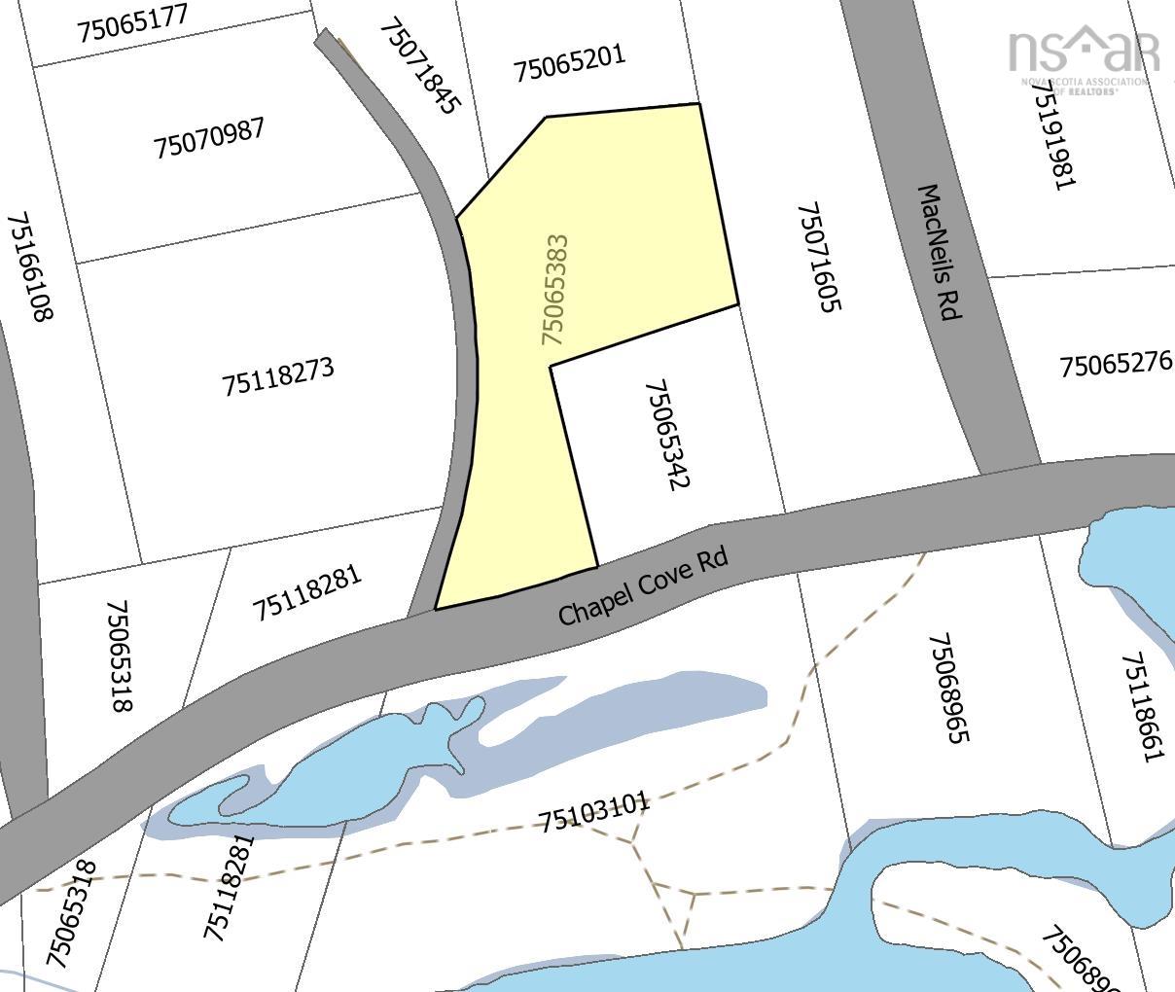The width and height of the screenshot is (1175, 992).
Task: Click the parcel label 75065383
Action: click(x=554, y=289)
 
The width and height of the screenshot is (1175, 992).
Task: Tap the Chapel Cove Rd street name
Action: click(x=643, y=585)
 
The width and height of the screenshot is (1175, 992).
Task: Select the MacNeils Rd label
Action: click(x=941, y=253)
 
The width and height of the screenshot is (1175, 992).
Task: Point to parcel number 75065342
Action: click(x=667, y=435)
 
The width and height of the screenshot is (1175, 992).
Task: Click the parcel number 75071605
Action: click(x=817, y=257)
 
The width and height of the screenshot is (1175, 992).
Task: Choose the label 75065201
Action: click(x=569, y=63)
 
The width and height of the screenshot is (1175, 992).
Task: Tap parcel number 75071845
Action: click(x=418, y=66)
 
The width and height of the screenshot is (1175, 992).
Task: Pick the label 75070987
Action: click(x=209, y=138)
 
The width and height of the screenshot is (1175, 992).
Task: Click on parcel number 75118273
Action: click(x=278, y=376)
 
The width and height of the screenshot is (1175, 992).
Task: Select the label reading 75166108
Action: click(x=31, y=266)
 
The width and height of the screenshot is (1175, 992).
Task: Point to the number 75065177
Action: click(x=133, y=22)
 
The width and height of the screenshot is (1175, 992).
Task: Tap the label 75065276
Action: click(x=1116, y=365)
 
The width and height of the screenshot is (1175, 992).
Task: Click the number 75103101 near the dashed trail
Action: click(x=593, y=812)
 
